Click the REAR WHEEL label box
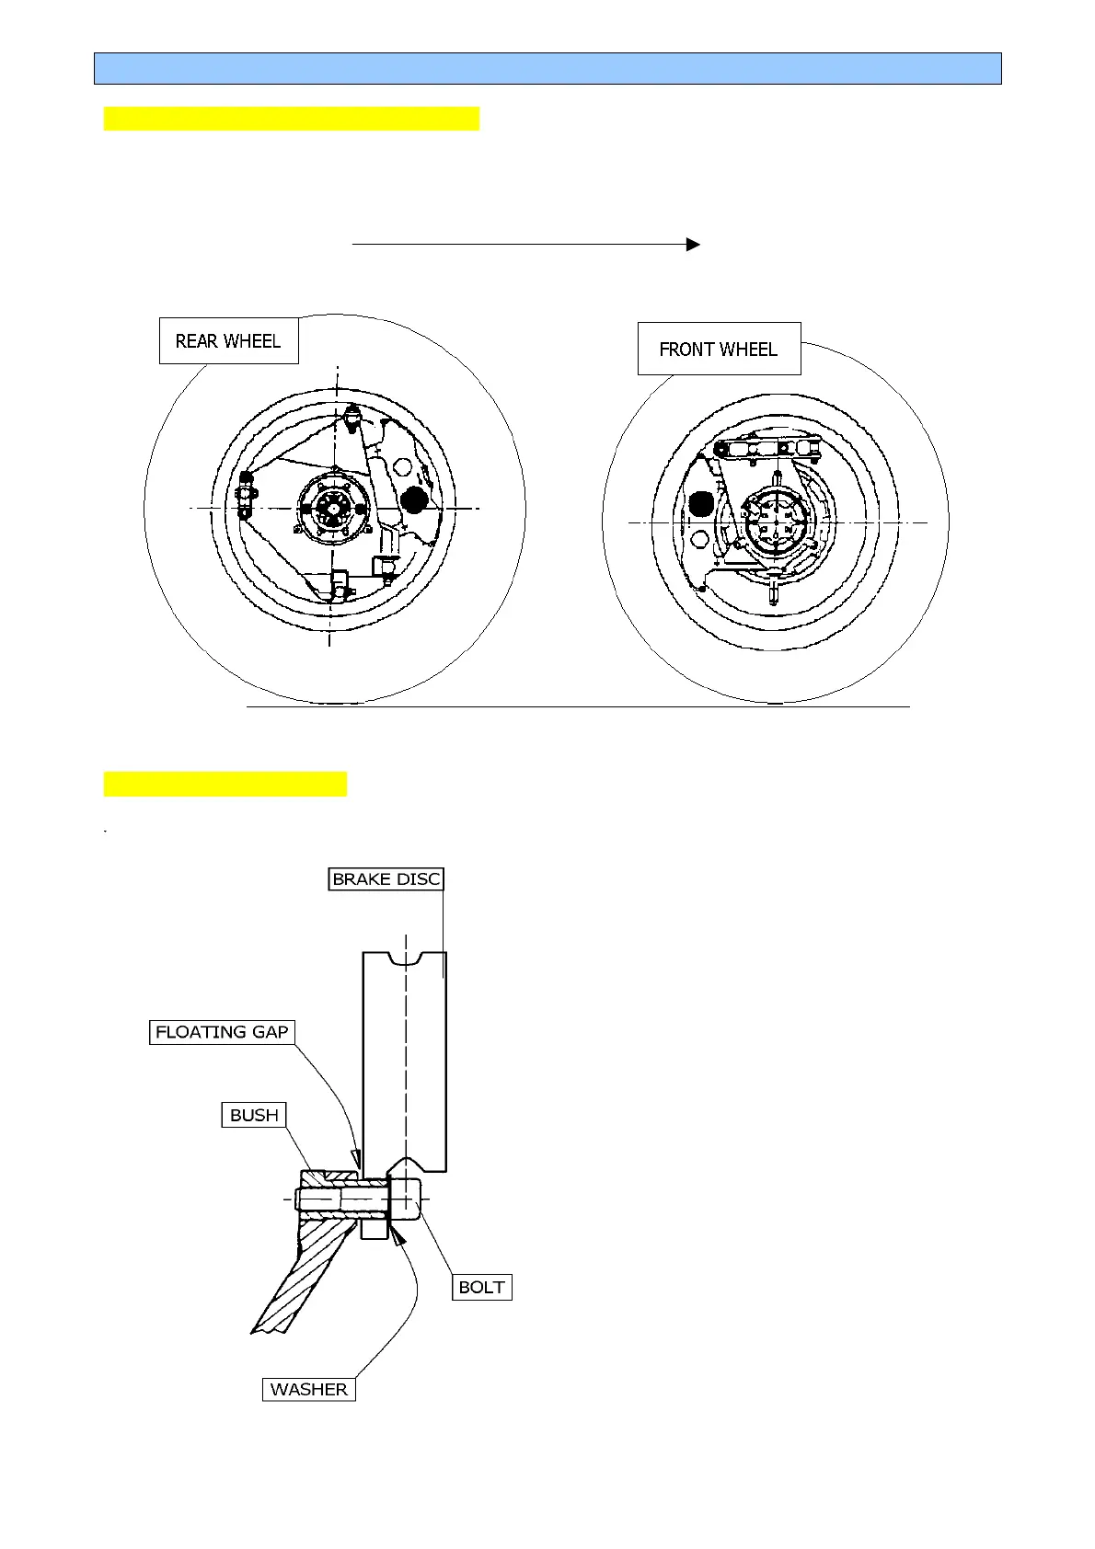(x=228, y=341)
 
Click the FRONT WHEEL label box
(x=719, y=350)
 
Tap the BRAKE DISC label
(x=386, y=879)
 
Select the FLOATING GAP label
(x=222, y=1032)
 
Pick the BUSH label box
(x=254, y=1115)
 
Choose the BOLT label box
(x=481, y=1287)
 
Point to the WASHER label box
(x=309, y=1389)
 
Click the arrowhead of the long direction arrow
(x=694, y=245)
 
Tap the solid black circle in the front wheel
(x=701, y=504)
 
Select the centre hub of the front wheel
(x=775, y=524)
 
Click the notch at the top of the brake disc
(x=405, y=958)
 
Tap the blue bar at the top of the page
(x=547, y=69)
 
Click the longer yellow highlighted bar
(x=292, y=119)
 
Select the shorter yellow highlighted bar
(x=225, y=785)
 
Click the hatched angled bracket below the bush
(x=304, y=1279)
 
